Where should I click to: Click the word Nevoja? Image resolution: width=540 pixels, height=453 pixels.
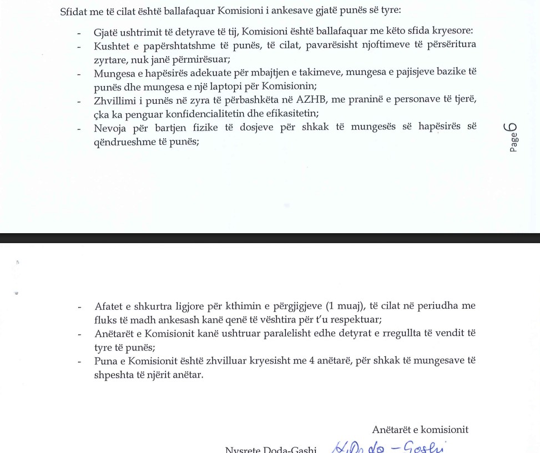pos(109,128)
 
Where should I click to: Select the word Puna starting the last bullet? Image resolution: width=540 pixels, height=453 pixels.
pos(105,361)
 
